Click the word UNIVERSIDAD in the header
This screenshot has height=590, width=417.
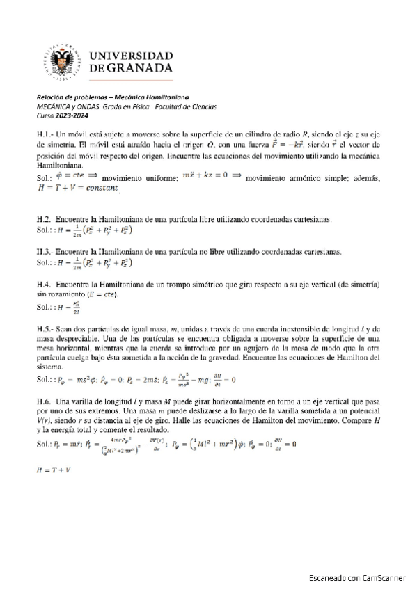click(x=132, y=55)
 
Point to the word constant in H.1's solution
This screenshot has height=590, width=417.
click(x=102, y=188)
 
